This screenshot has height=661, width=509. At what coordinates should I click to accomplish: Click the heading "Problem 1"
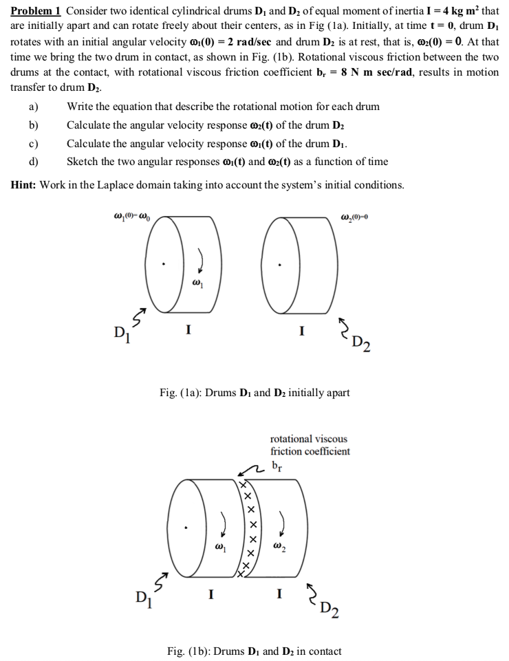click(x=36, y=10)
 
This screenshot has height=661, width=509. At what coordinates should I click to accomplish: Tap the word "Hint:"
click(x=25, y=184)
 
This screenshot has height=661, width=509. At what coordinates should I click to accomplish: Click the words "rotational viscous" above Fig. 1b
click(x=309, y=438)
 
